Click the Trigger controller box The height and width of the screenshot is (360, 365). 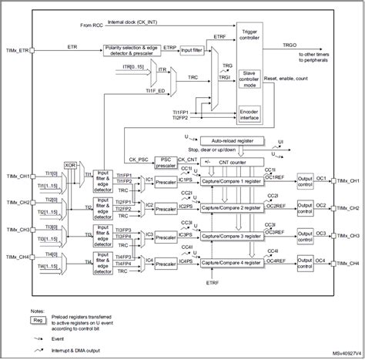point(249,35)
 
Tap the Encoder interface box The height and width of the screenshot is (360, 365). point(249,113)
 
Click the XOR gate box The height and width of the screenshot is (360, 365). point(71,164)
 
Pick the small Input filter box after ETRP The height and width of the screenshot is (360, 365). point(191,49)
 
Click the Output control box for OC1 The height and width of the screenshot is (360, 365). point(304,182)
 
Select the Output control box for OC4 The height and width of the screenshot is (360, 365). point(304,263)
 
